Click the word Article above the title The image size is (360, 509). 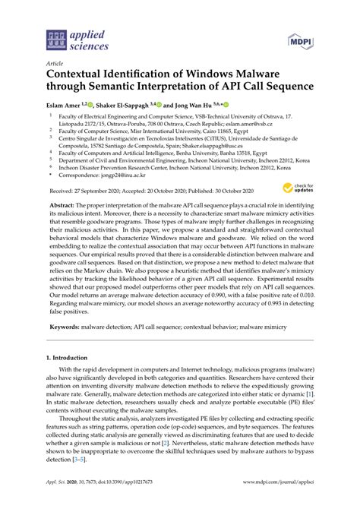click(55, 64)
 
